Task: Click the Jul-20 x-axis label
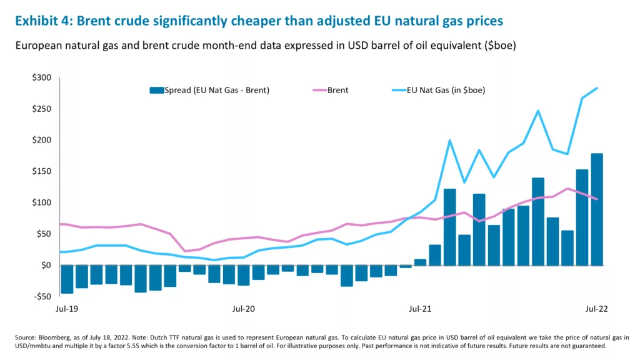point(243,309)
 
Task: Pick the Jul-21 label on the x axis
point(419,309)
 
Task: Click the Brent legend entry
point(337,91)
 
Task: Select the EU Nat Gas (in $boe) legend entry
point(446,91)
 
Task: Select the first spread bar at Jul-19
point(67,279)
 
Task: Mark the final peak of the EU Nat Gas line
point(597,88)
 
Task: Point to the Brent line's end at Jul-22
point(597,199)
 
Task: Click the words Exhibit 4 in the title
point(42,21)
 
